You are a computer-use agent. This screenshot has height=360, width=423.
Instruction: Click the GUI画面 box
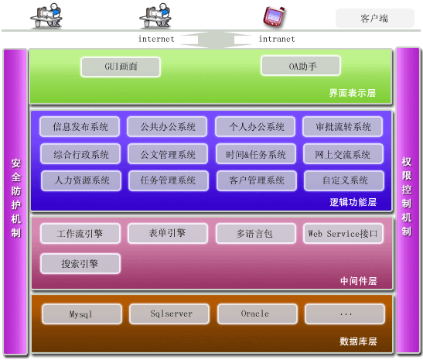(121, 67)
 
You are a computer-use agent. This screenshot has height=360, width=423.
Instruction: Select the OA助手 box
(301, 66)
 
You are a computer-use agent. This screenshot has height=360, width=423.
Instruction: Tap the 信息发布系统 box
(80, 127)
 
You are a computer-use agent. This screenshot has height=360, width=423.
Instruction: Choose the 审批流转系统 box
(343, 127)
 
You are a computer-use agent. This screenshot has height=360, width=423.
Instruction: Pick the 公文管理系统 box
(168, 154)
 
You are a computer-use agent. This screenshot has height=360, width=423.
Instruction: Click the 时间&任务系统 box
(256, 154)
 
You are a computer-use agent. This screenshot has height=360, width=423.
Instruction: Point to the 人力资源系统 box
(81, 180)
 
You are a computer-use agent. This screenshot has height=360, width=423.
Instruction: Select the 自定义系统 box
(344, 180)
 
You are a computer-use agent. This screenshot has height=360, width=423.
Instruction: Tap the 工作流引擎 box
(80, 233)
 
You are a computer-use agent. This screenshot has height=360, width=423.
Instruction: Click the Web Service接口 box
(343, 233)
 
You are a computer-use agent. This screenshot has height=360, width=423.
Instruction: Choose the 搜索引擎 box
(80, 263)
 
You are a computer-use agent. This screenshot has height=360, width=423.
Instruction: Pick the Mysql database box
(82, 314)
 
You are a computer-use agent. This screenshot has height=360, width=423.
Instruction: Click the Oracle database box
(258, 314)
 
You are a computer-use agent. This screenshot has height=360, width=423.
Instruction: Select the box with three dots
(345, 314)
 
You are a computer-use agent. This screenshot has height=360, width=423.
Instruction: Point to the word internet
(156, 39)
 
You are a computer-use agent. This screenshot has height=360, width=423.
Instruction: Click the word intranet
(277, 39)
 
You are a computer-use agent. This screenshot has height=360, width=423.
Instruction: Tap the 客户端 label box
(375, 18)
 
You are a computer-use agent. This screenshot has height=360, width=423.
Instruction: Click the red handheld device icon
(274, 16)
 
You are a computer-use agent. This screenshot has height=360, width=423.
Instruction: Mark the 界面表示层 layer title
(353, 93)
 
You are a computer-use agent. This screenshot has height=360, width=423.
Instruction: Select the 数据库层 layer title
(358, 341)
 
